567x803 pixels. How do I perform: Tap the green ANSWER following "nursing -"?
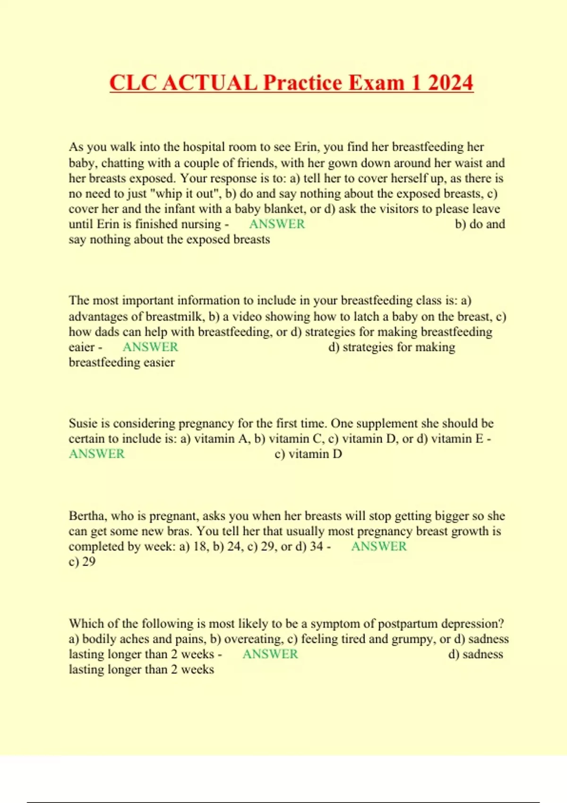277,224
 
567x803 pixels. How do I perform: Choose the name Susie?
83,423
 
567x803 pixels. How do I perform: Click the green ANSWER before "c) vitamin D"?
97,454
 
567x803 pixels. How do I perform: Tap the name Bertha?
87,516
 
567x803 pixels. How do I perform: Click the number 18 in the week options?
200,547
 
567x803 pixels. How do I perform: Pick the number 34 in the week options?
316,547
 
